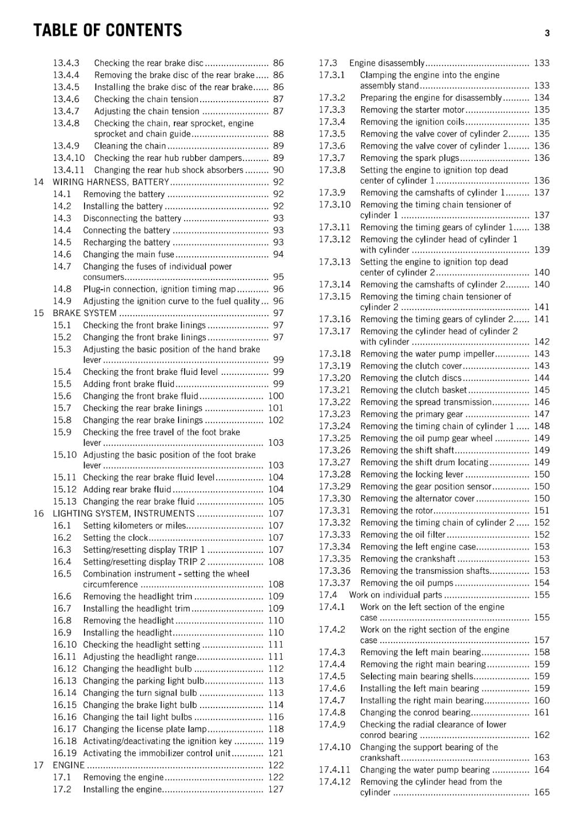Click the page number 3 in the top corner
pos(547,34)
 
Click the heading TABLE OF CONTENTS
pos(107,30)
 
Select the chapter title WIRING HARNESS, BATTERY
pos(111,182)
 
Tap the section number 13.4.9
pos(66,146)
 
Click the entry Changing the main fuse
pos(128,255)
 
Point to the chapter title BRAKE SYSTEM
pos(85,313)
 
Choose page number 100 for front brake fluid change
pos(276,396)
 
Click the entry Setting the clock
pos(115,538)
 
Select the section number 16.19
pos(64,753)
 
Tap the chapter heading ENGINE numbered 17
pos(69,765)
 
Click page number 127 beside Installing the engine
pos(276,789)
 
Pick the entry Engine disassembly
pos(386,63)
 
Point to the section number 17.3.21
pos(334,390)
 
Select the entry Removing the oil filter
pos(402,535)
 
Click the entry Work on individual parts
pos(395,595)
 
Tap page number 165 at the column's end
pos(542,793)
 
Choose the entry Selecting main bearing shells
pos(416,676)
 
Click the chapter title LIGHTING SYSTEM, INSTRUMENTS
pos(124,514)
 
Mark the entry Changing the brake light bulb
pos(140,705)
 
